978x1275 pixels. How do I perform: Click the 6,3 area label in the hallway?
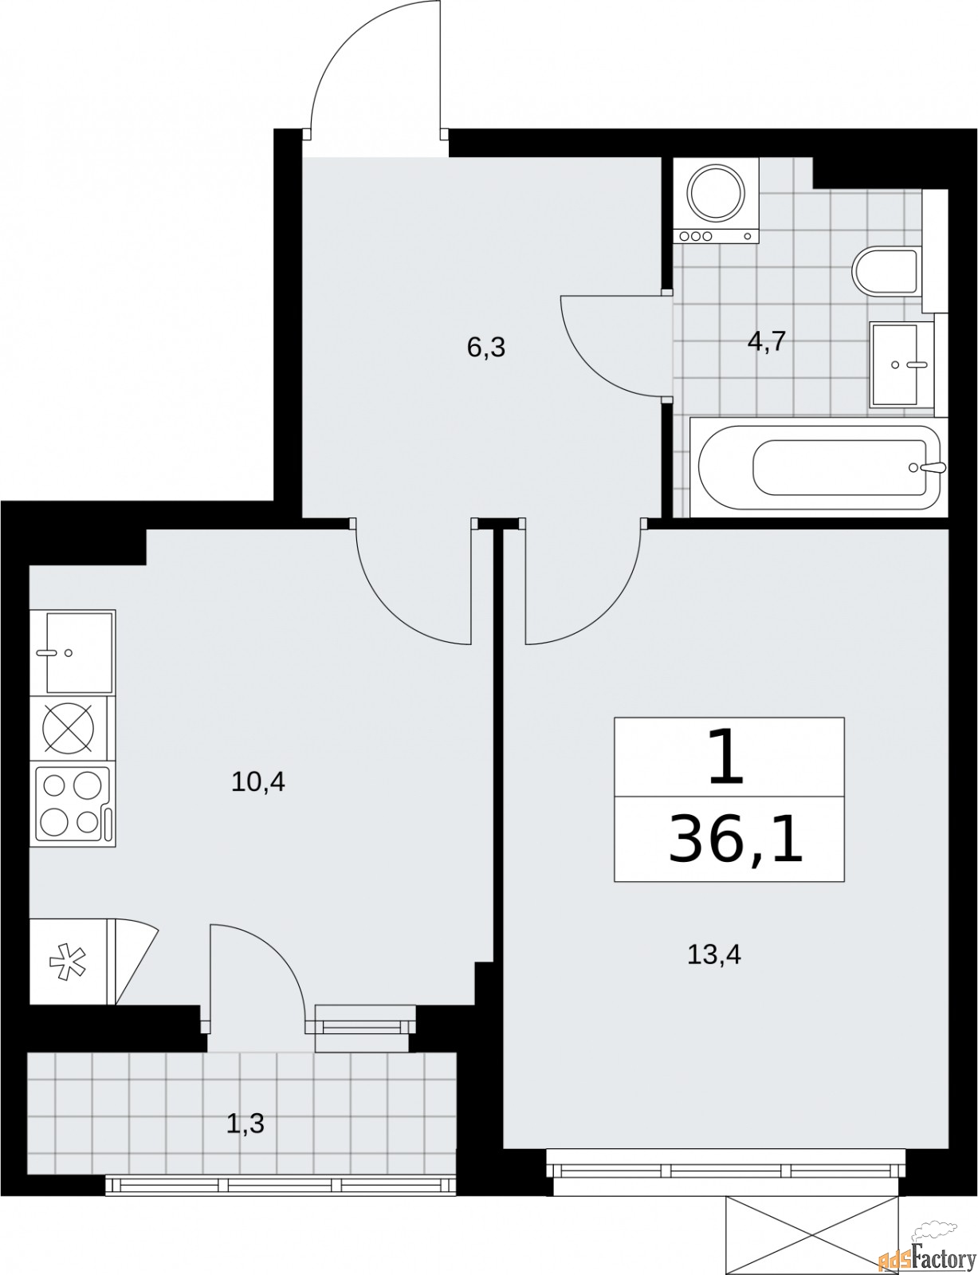click(x=487, y=348)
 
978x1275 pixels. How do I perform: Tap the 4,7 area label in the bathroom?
click(x=767, y=342)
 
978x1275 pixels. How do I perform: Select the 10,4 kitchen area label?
click(x=257, y=782)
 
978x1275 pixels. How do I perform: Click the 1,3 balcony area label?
click(x=245, y=1124)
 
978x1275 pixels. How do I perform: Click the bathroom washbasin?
click(x=901, y=364)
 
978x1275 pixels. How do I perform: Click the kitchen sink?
click(x=73, y=652)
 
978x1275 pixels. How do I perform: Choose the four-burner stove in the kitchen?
click(x=73, y=805)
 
